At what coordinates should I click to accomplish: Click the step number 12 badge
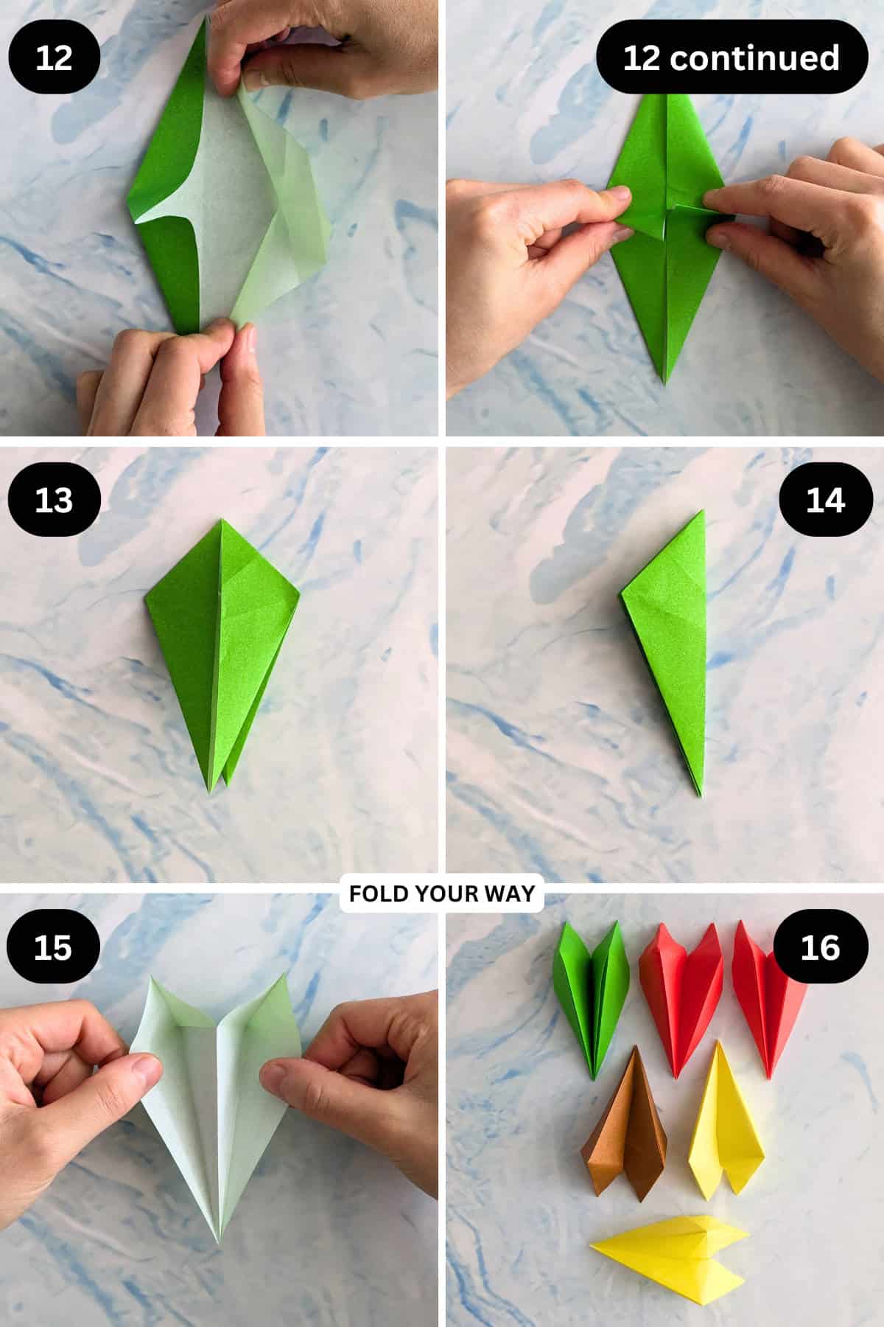click(x=54, y=58)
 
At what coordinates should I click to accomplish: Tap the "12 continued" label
click(x=732, y=58)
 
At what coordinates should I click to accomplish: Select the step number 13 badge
click(x=54, y=500)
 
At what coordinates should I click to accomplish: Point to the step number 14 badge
click(x=825, y=501)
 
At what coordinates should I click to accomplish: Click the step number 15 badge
click(x=53, y=947)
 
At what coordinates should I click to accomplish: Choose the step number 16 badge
click(x=819, y=947)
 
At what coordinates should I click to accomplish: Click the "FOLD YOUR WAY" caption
click(x=442, y=894)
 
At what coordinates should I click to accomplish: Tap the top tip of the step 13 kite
click(x=220, y=519)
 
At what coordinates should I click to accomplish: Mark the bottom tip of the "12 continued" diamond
click(x=665, y=384)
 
